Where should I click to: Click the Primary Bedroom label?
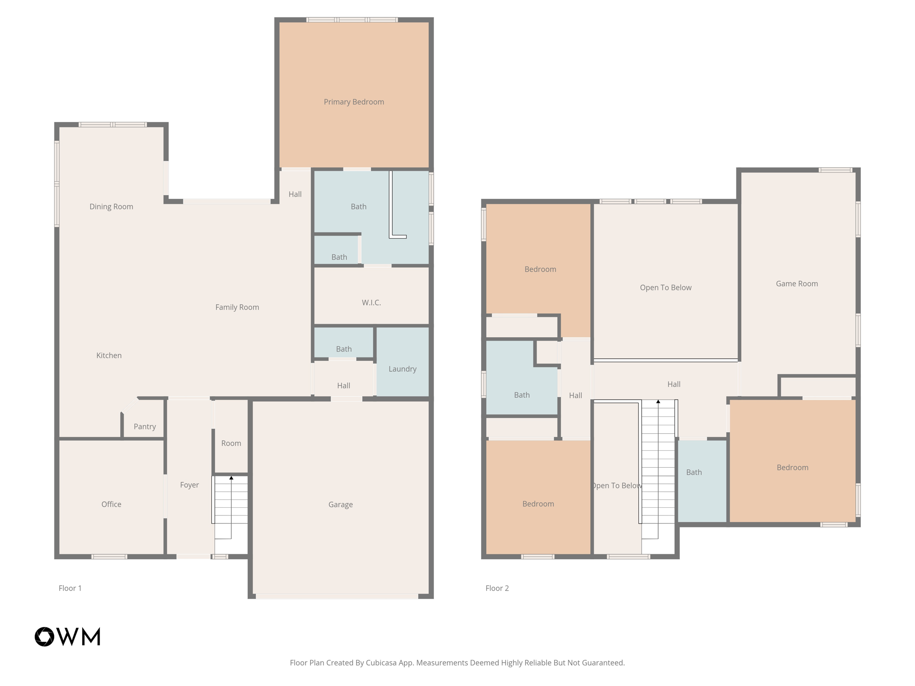click(x=354, y=102)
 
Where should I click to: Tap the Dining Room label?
click(x=111, y=206)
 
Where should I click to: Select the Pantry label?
click(x=145, y=427)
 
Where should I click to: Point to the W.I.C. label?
click(x=371, y=303)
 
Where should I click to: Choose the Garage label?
click(x=340, y=505)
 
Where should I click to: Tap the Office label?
click(x=111, y=504)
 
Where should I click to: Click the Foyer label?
click(x=189, y=485)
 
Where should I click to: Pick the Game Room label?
click(x=797, y=284)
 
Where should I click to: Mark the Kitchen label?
click(x=109, y=356)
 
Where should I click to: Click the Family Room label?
click(x=237, y=307)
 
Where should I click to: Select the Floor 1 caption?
click(x=70, y=588)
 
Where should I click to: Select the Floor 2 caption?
click(x=497, y=588)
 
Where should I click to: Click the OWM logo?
click(x=67, y=636)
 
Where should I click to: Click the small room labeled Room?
click(x=231, y=443)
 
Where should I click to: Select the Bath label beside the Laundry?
click(x=344, y=349)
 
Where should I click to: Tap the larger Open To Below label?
click(x=666, y=288)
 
